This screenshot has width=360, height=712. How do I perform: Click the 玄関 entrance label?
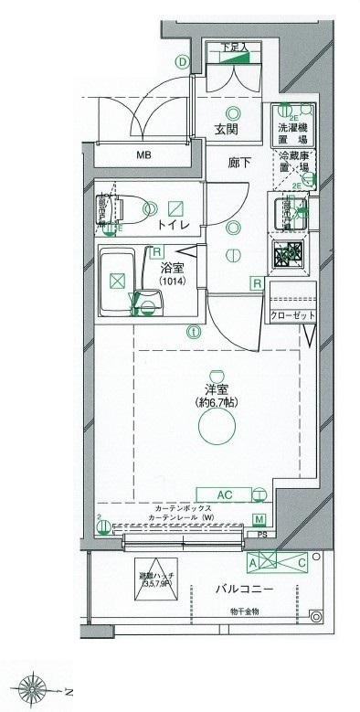point(227,131)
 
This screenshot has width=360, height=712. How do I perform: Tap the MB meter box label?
point(143,155)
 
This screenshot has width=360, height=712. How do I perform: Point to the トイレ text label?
point(172,223)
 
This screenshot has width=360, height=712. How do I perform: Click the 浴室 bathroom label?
point(173,268)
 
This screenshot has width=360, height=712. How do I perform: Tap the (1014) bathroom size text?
point(173,282)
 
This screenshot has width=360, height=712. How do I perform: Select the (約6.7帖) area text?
point(216,402)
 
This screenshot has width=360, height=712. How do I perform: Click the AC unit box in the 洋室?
point(227,494)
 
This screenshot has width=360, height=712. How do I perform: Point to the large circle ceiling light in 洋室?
point(216,426)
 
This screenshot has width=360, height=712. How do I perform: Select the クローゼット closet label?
point(291,315)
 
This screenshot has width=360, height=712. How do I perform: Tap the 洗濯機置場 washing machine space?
point(292,133)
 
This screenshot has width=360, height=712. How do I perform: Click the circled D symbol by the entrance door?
point(183,62)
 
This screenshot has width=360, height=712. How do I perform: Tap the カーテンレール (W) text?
point(183,517)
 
